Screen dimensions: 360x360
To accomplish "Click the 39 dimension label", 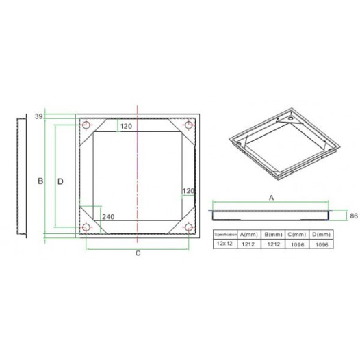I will tap(38, 116).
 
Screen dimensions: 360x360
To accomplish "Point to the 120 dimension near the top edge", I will tap(126, 126).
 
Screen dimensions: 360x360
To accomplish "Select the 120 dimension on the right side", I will tap(189, 190).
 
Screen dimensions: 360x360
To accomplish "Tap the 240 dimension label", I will tap(107, 217).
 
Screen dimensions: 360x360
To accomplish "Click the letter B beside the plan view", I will tap(40, 181).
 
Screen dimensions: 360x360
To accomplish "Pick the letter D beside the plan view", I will tap(60, 181).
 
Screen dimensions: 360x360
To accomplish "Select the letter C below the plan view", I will tap(138, 253).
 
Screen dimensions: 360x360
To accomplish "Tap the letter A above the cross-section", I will tap(271, 197).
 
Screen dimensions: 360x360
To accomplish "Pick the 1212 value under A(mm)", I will tap(248, 244).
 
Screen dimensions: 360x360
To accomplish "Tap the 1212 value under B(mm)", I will tap(272, 244).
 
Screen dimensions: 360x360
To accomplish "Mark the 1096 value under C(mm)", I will tap(295, 244).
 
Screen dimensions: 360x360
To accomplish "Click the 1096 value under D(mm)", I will tap(318, 244).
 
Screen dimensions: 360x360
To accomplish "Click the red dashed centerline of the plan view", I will tap(139, 178).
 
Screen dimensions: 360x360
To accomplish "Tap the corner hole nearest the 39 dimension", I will tap(86, 125).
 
